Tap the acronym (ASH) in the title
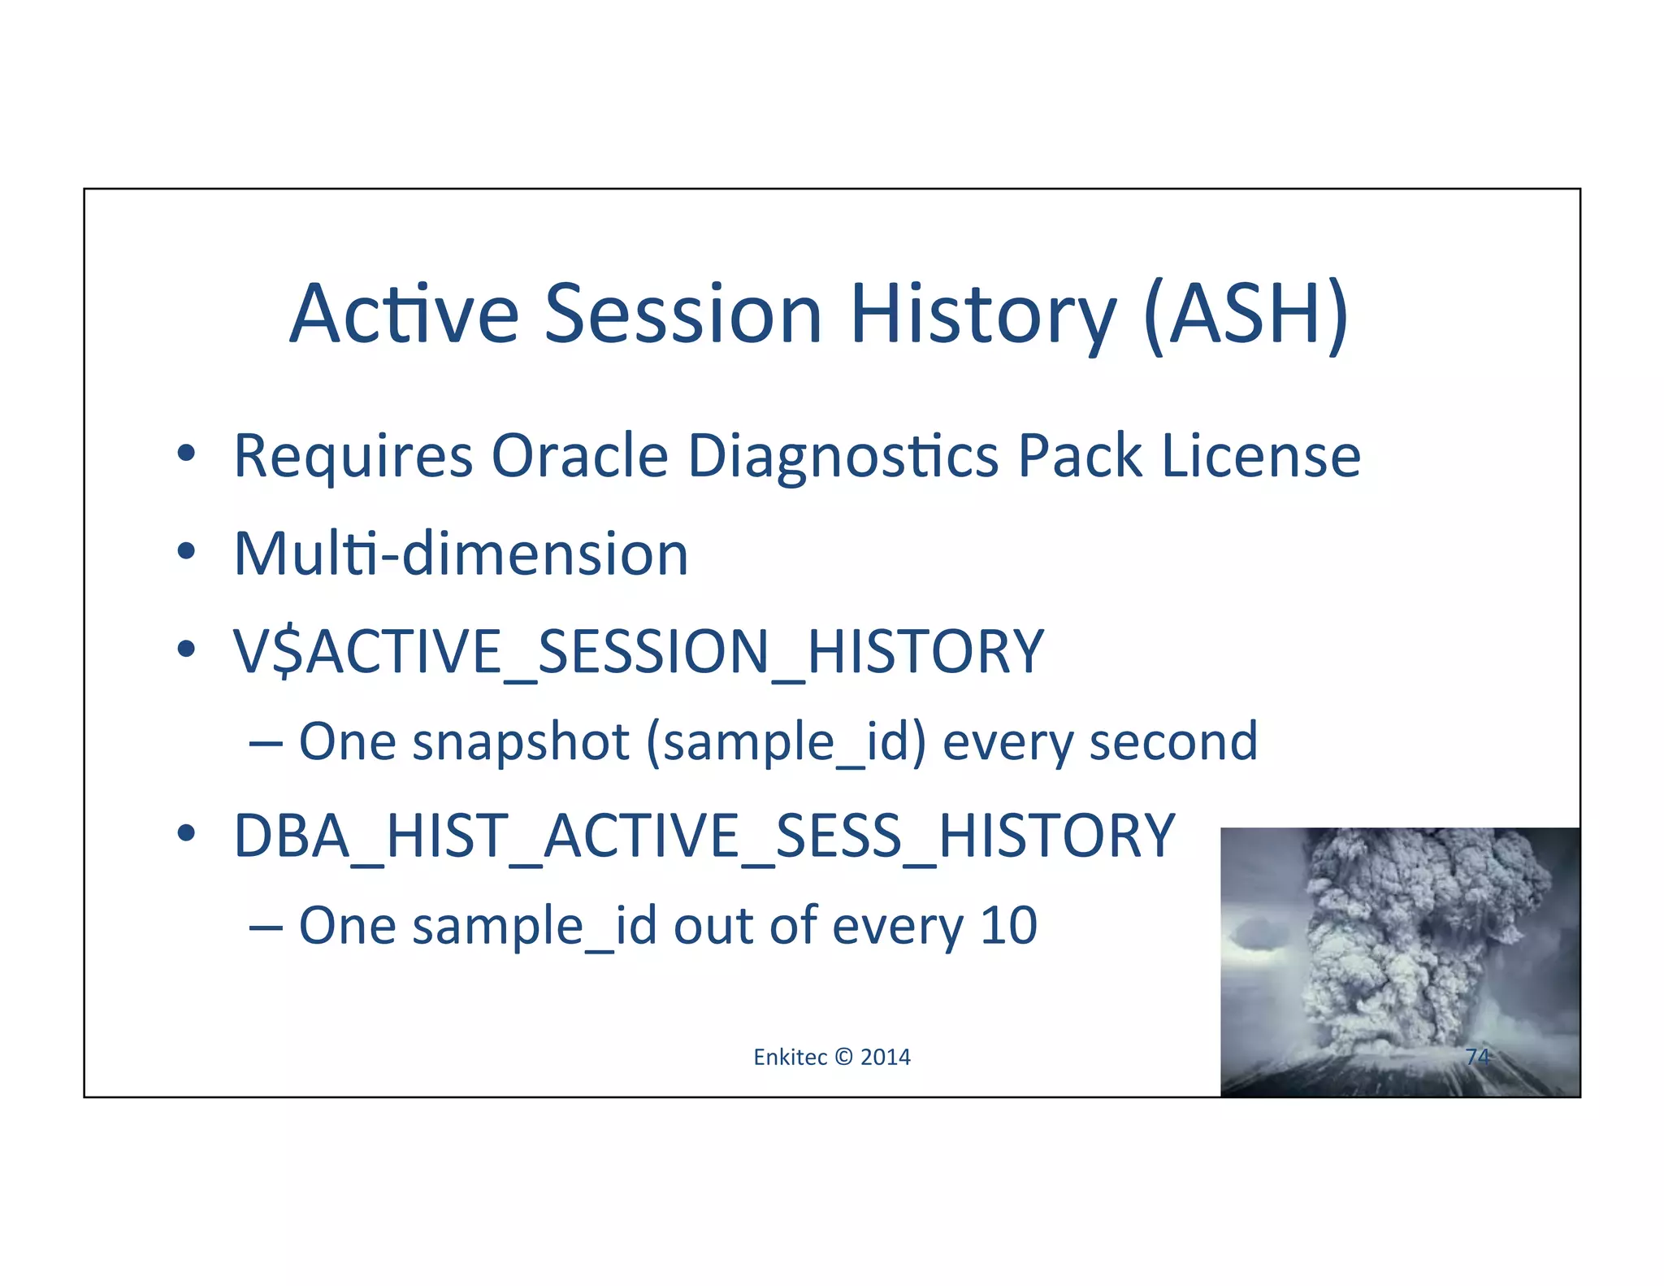click(x=1246, y=315)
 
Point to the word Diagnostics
click(x=843, y=457)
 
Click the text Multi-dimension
click(x=461, y=554)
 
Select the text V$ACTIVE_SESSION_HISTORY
click(x=639, y=652)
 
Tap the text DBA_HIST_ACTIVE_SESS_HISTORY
click(x=704, y=836)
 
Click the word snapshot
click(x=521, y=742)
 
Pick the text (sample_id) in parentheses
click(x=786, y=744)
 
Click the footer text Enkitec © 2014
click(x=832, y=1057)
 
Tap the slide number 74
click(x=1477, y=1057)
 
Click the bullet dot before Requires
click(x=186, y=454)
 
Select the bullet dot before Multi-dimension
click(x=186, y=552)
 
